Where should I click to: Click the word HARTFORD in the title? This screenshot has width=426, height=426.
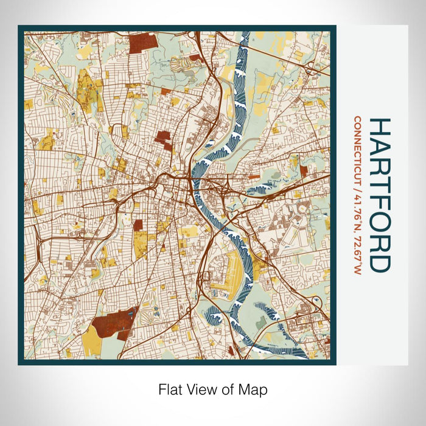click(379, 195)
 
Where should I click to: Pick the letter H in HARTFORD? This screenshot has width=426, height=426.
click(379, 127)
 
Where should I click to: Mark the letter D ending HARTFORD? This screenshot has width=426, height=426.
click(379, 262)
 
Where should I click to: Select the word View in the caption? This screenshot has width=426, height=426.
click(202, 389)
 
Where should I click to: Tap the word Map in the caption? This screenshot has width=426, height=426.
click(254, 389)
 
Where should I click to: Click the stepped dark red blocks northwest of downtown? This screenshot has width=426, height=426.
click(163, 138)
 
